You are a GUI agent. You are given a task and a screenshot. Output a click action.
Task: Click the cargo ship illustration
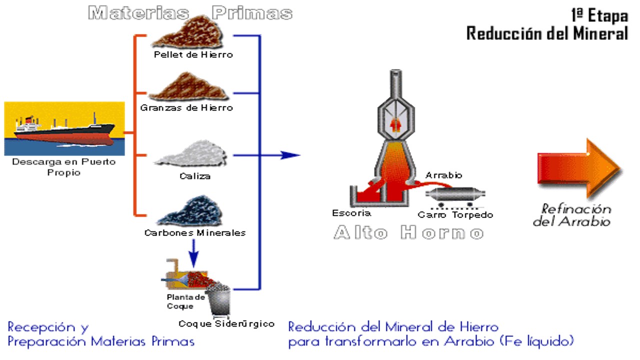[64, 128]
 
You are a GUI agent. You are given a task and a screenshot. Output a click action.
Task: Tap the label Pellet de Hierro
[193, 54]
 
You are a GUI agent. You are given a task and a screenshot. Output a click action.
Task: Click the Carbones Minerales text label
[195, 232]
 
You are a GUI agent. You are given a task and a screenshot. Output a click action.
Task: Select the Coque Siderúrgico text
[226, 323]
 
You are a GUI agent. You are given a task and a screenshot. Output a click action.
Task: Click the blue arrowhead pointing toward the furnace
[289, 155]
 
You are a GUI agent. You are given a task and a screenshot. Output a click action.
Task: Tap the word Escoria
[351, 213]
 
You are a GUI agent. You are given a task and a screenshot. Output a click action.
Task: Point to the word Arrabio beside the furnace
[443, 175]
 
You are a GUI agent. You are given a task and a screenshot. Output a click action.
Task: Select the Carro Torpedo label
[455, 215]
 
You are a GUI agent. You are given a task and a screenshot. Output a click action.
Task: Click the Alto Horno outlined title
[408, 233]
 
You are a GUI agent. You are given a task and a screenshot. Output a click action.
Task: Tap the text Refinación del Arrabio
[572, 215]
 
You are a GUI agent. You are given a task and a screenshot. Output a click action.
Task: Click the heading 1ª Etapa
[598, 16]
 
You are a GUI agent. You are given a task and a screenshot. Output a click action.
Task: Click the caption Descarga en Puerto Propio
[63, 167]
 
